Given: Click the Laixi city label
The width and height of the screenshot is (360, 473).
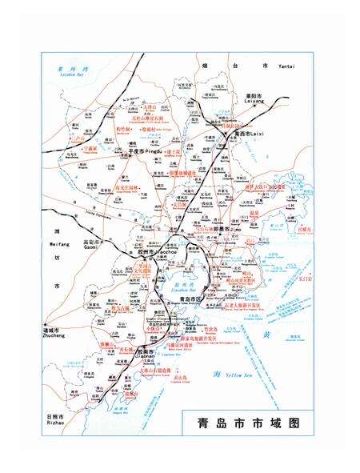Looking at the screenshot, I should point(230,134).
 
